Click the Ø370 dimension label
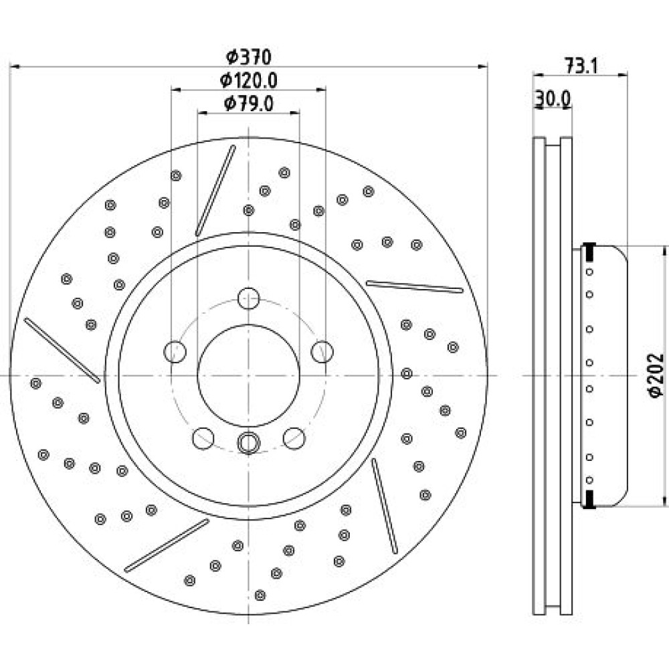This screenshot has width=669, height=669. pyautogui.click(x=249, y=57)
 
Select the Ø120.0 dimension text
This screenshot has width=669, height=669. pyautogui.click(x=249, y=80)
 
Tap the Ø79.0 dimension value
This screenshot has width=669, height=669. pyautogui.click(x=249, y=104)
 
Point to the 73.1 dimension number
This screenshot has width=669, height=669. pyautogui.click(x=581, y=66)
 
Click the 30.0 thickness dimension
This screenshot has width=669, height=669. pyautogui.click(x=553, y=100)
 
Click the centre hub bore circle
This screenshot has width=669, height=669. pyautogui.click(x=248, y=375)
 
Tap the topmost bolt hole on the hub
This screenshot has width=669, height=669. pyautogui.click(x=248, y=298)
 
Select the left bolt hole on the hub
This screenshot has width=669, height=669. pyautogui.click(x=175, y=352)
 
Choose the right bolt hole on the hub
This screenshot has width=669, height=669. pyautogui.click(x=322, y=352)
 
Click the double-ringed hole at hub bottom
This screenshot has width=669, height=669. pyautogui.click(x=248, y=442)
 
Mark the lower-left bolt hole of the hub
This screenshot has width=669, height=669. pyautogui.click(x=203, y=438)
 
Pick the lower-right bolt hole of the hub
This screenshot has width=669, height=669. pyautogui.click(x=294, y=438)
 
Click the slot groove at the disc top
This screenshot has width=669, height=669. pyautogui.click(x=215, y=190)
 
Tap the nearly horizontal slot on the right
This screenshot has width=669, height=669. pyautogui.click(x=415, y=287)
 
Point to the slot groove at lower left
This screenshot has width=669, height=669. pyautogui.click(x=167, y=545)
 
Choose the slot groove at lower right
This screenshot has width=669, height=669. pyautogui.click(x=385, y=506)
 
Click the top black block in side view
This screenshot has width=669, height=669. pyautogui.click(x=589, y=252)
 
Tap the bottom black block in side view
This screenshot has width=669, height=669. pyautogui.click(x=589, y=499)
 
